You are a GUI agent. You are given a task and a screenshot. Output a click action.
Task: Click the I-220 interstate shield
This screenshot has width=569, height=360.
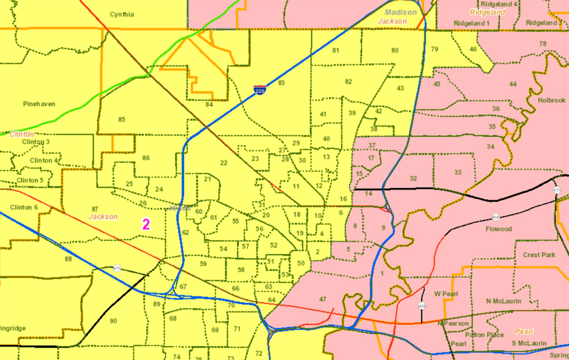[x=259, y=89]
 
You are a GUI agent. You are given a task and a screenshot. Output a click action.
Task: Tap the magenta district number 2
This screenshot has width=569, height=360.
[x=146, y=224]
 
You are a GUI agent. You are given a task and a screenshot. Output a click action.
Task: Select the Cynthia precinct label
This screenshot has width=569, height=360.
[x=122, y=14]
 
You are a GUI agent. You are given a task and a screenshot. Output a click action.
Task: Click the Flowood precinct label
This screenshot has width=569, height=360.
[x=498, y=229]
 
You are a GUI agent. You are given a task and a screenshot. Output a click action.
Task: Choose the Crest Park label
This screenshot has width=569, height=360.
[x=539, y=255]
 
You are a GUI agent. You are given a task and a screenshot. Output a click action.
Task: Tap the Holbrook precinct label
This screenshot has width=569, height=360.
[x=551, y=100]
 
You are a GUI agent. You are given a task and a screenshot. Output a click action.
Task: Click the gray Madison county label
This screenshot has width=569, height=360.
[x=400, y=13]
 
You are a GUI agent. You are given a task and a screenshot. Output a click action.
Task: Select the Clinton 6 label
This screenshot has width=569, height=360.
[x=24, y=207]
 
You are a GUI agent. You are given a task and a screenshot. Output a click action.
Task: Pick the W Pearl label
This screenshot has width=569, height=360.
[x=446, y=294]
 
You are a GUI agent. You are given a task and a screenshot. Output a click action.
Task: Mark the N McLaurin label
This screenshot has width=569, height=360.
[x=504, y=301]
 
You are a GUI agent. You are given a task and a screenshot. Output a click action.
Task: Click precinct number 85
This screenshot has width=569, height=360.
[x=121, y=119]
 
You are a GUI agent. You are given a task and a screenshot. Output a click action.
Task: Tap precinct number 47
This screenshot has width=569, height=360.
[x=323, y=299]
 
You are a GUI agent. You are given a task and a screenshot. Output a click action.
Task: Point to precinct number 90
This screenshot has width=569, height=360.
[x=113, y=321]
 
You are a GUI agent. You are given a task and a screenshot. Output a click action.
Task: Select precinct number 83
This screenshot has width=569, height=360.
[x=281, y=83]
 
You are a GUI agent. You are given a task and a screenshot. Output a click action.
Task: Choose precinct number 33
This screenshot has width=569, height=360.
[x=458, y=172]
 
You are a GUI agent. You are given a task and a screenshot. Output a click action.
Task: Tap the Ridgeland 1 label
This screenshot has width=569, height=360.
[x=472, y=23]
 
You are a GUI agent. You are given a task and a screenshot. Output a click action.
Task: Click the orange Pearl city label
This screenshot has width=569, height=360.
[x=524, y=331]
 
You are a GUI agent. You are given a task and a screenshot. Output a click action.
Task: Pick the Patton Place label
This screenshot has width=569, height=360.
[x=484, y=334]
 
